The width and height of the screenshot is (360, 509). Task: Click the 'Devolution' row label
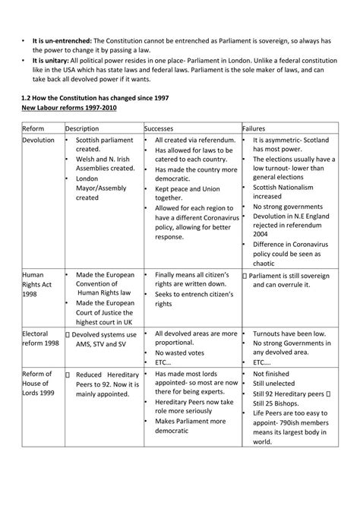click(x=39, y=141)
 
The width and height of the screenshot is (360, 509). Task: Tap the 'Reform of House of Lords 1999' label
click(x=37, y=384)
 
